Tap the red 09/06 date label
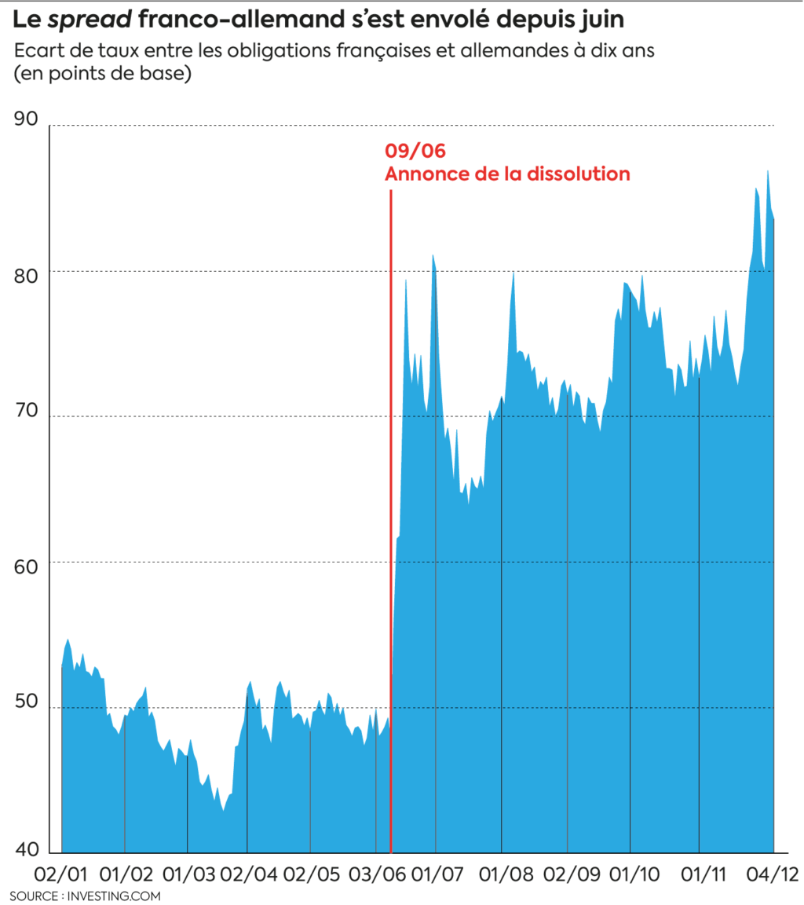(x=408, y=151)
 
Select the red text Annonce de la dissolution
(x=507, y=173)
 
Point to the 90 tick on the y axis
(x=26, y=119)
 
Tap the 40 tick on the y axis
(x=26, y=849)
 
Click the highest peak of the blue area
(x=767, y=171)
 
